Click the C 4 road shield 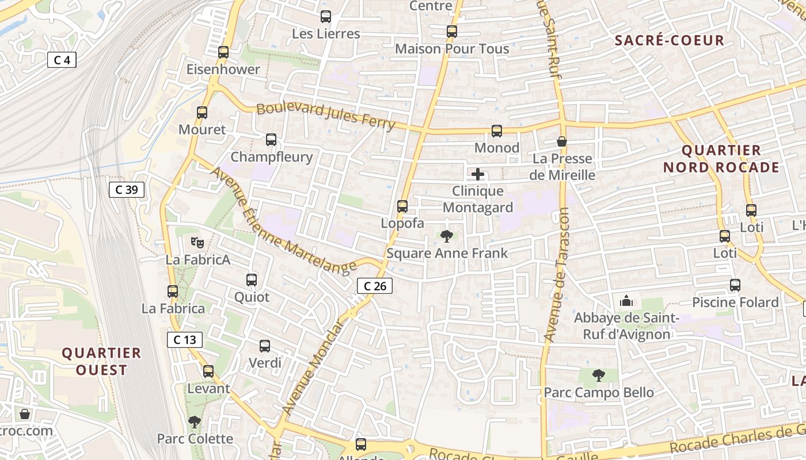coord(62,60)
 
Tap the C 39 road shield coord(126,190)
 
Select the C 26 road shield coord(375,286)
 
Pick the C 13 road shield coord(185,340)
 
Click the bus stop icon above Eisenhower coord(223,52)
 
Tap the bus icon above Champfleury coord(271,140)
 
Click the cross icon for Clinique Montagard coord(478,174)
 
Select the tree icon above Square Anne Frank coord(446,236)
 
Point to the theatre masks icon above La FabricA coord(197,243)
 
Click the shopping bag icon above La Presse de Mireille coord(562,141)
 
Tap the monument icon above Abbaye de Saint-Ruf coord(626,301)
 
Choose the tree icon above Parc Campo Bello coord(599,375)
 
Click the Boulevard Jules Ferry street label coord(326,116)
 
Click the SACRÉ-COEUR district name coord(669,40)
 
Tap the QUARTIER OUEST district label coord(101,361)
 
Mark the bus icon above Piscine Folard coord(735,285)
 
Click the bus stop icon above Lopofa coord(402,206)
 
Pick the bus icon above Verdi coord(265,346)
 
